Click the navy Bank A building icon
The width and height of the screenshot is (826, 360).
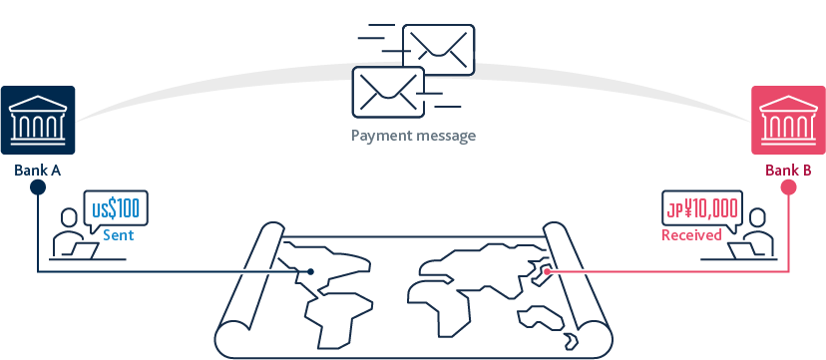[37, 122]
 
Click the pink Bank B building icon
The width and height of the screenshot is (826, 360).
[788, 122]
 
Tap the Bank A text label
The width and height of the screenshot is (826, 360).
[38, 171]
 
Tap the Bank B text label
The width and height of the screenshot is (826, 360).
[788, 171]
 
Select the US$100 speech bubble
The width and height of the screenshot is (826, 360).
[117, 209]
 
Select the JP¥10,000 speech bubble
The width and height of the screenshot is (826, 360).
[703, 209]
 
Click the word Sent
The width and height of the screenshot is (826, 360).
[118, 236]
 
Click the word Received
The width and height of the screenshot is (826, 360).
[692, 236]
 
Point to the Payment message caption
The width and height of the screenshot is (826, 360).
[413, 136]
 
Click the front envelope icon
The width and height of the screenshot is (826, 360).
[387, 90]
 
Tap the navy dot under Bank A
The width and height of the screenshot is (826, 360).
[37, 187]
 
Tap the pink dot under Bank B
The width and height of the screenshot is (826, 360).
[788, 187]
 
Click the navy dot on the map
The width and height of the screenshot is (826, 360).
[311, 271]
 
